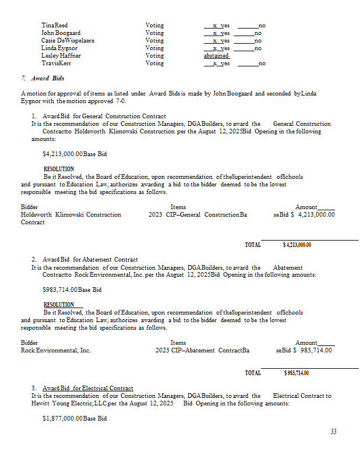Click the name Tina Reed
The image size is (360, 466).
55,26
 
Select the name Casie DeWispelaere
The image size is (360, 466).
68,41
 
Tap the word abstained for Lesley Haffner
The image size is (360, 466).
216,56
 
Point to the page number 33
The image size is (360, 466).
333,432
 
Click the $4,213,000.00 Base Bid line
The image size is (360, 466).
75,154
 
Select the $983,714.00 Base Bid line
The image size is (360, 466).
72,290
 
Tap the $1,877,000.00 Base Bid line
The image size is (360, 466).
75,418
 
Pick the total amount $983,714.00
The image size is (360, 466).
297,373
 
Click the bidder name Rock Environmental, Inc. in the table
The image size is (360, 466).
56,350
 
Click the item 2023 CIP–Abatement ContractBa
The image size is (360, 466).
203,350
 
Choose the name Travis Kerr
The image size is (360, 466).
56,63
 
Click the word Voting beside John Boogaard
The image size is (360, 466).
154,33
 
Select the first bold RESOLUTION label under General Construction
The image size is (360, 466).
59,169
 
